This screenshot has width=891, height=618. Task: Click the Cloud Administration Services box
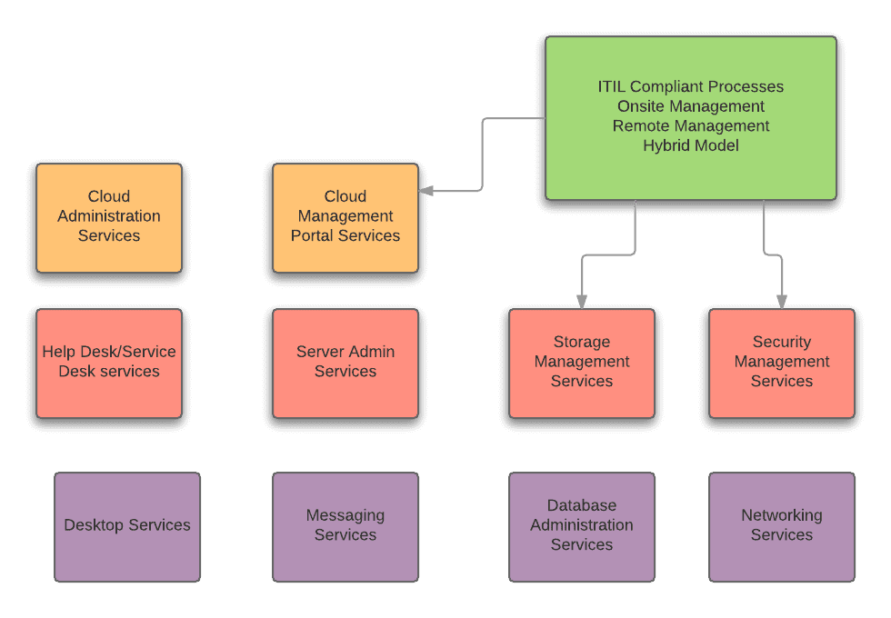click(109, 217)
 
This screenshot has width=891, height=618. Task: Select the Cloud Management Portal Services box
click(345, 217)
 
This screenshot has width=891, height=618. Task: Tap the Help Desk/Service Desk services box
click(109, 363)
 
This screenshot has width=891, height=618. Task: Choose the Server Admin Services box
click(345, 363)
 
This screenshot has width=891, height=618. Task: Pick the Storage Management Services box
click(582, 363)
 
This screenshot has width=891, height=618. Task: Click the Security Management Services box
click(782, 363)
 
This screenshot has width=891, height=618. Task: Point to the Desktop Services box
click(127, 526)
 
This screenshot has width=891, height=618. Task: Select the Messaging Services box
click(345, 526)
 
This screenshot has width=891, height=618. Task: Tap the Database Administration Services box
click(582, 526)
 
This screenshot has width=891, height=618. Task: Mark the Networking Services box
click(782, 526)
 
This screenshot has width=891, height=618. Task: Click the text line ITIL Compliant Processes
click(691, 87)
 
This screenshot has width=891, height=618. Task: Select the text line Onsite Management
click(691, 106)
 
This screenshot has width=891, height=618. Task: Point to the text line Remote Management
click(691, 125)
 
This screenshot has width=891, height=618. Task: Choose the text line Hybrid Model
click(691, 145)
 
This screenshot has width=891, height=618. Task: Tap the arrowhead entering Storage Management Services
click(582, 302)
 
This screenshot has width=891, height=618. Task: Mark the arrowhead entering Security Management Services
click(782, 302)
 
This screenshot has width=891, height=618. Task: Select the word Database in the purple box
click(582, 505)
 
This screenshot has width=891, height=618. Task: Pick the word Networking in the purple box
click(782, 515)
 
